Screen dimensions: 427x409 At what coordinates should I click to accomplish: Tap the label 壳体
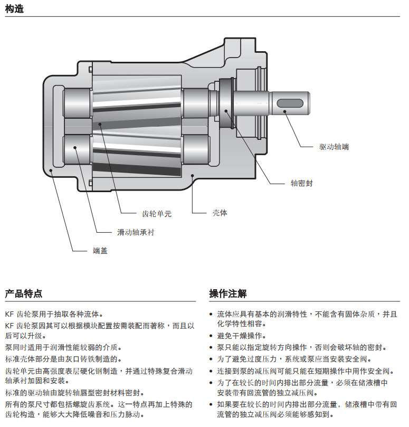coord(220,213)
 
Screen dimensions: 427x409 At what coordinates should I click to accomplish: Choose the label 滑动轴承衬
coord(136,232)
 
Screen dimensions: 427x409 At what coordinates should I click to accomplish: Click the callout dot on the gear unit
coord(100,124)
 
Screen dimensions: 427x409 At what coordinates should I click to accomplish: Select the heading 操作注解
coord(227,293)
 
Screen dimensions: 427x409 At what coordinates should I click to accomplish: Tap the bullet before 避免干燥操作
coord(212,336)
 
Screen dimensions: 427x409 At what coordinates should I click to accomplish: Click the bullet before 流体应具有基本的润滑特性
coord(212,314)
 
